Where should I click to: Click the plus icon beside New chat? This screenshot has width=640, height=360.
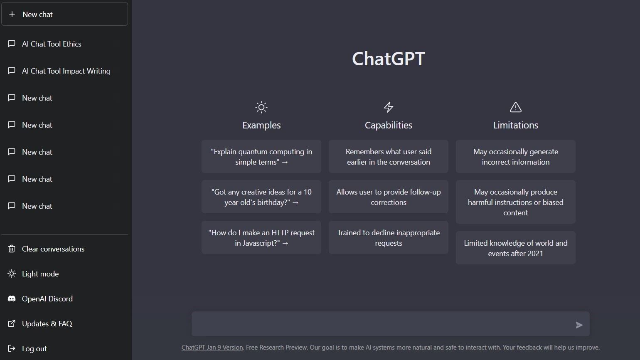tap(12, 14)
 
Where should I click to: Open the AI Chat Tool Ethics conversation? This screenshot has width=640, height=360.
tap(52, 44)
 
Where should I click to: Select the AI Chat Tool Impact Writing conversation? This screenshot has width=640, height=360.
tap(66, 71)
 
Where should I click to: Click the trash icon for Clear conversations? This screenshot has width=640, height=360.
tap(12, 249)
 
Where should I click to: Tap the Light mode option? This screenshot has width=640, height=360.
tap(40, 274)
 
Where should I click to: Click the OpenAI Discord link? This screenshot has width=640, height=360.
tap(47, 299)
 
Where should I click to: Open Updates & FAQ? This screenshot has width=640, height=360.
tap(47, 324)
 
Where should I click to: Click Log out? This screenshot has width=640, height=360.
tap(34, 349)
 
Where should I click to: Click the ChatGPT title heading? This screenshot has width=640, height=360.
tap(388, 59)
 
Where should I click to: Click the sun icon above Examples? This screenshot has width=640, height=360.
tap(261, 107)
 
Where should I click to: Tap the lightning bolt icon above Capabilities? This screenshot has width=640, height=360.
tap(389, 107)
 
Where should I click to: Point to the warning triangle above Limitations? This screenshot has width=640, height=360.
tap(515, 107)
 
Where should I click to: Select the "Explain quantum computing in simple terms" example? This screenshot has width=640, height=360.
tap(261, 157)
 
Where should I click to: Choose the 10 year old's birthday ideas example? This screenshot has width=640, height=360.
tap(261, 197)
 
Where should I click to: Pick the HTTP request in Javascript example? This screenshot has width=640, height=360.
tap(261, 238)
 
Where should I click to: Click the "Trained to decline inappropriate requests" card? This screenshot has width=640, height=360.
tap(389, 238)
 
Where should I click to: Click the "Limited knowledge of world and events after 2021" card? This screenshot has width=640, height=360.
tap(515, 248)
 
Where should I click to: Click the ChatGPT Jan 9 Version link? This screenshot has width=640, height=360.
tap(212, 348)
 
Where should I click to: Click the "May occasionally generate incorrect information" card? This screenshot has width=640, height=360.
tap(515, 157)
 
